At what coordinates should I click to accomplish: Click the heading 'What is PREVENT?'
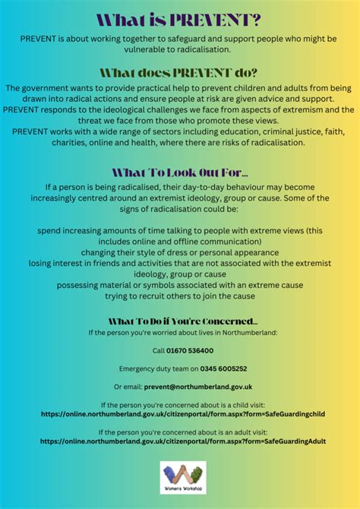coord(179,18)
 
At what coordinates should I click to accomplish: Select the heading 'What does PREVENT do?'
coord(179,73)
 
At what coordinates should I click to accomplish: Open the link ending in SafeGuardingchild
coord(179,414)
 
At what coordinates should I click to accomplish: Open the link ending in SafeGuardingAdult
coord(179,441)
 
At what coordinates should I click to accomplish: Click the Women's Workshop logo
coord(182,478)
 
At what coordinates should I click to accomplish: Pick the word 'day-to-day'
coord(216,187)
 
